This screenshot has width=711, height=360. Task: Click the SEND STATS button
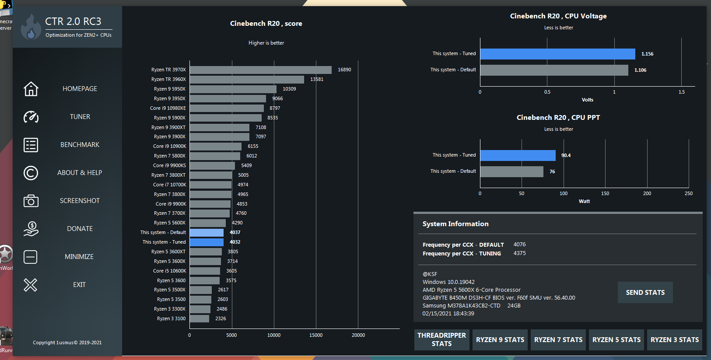point(645,292)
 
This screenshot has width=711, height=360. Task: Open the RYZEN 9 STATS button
point(500,339)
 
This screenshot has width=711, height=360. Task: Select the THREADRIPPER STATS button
point(441,339)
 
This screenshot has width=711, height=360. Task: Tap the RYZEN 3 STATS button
point(674,339)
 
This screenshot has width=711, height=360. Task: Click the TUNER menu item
point(80,117)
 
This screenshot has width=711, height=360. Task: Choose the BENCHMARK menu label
point(80,145)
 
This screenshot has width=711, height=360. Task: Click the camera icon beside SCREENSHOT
point(31,201)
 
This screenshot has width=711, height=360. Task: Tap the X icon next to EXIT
point(31,285)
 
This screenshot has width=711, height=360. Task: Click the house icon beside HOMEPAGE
point(31,89)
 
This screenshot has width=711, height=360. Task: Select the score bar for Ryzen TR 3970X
point(260,70)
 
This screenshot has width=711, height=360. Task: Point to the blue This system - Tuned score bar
point(207,242)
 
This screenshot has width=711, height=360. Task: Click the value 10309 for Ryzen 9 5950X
point(289,89)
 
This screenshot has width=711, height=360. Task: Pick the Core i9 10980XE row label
point(168,108)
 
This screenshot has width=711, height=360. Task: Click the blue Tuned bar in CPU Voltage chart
point(557,54)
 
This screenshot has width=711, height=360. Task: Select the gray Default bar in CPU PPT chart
point(511,171)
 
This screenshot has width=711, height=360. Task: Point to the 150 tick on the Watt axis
point(605,193)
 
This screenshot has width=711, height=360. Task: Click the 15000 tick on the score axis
point(316,335)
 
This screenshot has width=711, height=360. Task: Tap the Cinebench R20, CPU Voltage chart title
point(558,16)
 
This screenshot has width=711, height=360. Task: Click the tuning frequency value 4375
point(519,253)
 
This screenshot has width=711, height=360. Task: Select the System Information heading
point(455,224)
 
